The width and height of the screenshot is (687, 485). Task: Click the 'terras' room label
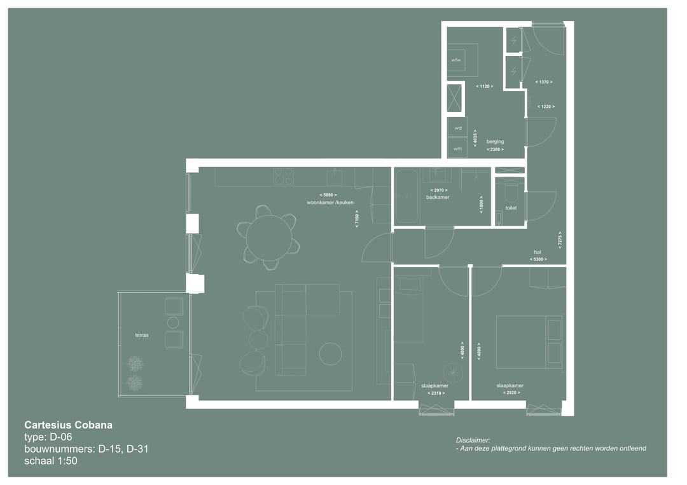click(142, 335)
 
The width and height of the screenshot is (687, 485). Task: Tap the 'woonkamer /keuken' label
click(330, 202)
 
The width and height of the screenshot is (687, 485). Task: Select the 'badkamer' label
click(438, 197)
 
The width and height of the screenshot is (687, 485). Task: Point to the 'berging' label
click(495, 142)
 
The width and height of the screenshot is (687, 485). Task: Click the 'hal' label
click(538, 252)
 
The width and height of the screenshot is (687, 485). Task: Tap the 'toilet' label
click(511, 208)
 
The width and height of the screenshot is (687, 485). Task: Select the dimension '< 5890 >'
click(329, 195)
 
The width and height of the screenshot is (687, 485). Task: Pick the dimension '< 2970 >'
click(439, 190)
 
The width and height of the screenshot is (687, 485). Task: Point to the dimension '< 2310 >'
click(435, 393)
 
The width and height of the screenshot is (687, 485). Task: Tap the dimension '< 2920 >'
click(511, 393)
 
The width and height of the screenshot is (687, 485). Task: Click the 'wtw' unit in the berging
click(456, 60)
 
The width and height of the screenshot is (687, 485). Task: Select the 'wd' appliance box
click(457, 128)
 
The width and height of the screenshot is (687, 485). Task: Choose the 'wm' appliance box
click(457, 148)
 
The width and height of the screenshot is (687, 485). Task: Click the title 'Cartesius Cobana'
click(68, 425)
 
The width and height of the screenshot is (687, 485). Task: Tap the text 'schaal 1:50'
click(51, 461)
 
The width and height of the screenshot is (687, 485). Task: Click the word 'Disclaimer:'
click(473, 440)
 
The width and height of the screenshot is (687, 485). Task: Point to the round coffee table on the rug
click(330, 353)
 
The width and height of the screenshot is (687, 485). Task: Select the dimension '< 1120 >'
click(484, 86)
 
